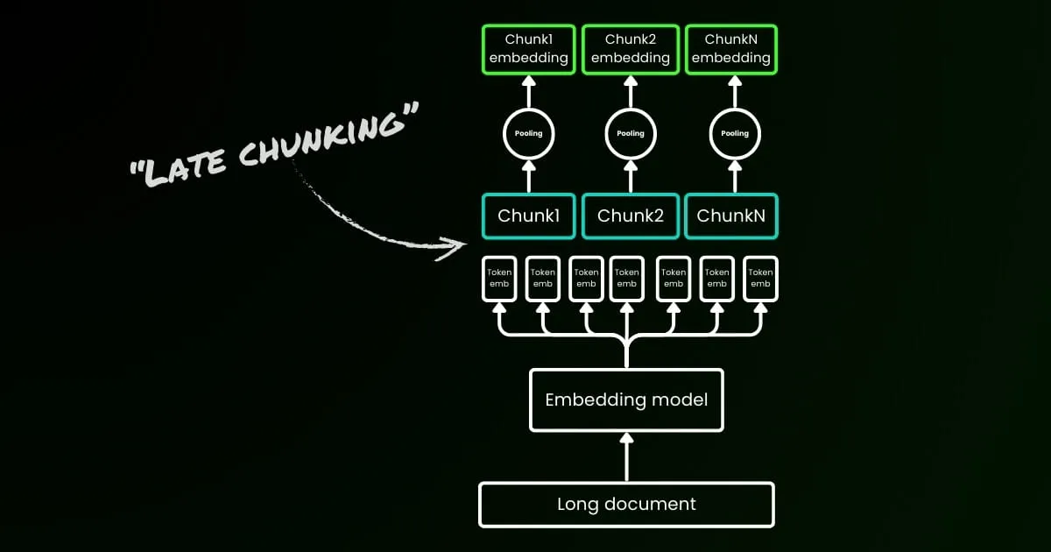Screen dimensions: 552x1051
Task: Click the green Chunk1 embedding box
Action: click(528, 49)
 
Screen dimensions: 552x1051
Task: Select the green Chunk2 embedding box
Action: click(630, 49)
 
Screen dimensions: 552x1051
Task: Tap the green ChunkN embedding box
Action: click(731, 49)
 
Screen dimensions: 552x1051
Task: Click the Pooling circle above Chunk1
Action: click(528, 133)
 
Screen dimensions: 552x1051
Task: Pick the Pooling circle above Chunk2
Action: click(630, 133)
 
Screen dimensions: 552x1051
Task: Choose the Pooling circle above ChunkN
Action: click(734, 133)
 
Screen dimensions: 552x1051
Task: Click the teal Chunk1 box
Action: click(528, 216)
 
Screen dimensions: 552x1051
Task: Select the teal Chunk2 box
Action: click(630, 216)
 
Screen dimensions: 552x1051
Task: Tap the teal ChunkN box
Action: click(731, 216)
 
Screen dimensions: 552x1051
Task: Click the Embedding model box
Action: click(626, 400)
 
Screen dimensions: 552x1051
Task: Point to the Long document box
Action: click(626, 505)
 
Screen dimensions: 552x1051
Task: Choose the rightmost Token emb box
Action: click(759, 279)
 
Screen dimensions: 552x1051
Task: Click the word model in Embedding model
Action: click(680, 400)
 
